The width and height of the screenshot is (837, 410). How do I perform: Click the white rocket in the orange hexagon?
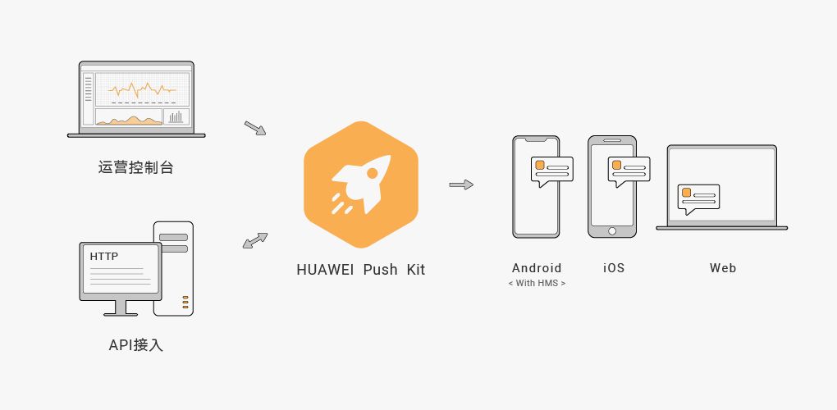tap(363, 183)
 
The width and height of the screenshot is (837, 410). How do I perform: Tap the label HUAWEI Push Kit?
tap(361, 269)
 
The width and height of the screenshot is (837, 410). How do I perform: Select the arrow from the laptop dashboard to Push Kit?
tap(255, 128)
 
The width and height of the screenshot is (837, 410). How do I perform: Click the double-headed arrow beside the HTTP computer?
tap(255, 240)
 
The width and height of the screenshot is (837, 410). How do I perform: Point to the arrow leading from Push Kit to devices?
tap(461, 184)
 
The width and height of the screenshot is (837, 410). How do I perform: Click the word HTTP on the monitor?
tap(104, 257)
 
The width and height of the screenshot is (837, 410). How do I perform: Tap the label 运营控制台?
tap(136, 167)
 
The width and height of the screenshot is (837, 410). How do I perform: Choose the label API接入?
tap(135, 345)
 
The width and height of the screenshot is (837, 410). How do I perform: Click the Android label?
tap(537, 267)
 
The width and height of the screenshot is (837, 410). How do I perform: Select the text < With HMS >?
tap(537, 283)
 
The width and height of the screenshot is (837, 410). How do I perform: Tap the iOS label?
tap(613, 267)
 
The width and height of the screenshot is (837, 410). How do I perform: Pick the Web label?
tap(723, 267)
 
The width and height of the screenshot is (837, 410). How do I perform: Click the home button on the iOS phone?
tap(612, 231)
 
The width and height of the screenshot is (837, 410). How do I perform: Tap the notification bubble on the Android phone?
tap(552, 171)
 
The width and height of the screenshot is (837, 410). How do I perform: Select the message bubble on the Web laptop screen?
tap(698, 198)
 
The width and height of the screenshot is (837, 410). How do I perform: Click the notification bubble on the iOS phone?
tap(629, 171)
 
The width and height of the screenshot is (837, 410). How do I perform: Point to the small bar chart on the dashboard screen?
tap(176, 116)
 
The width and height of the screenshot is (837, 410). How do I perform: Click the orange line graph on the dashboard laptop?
tap(142, 90)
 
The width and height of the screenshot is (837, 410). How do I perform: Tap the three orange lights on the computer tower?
tap(185, 303)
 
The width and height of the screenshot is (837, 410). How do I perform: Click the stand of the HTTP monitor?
tap(121, 308)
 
